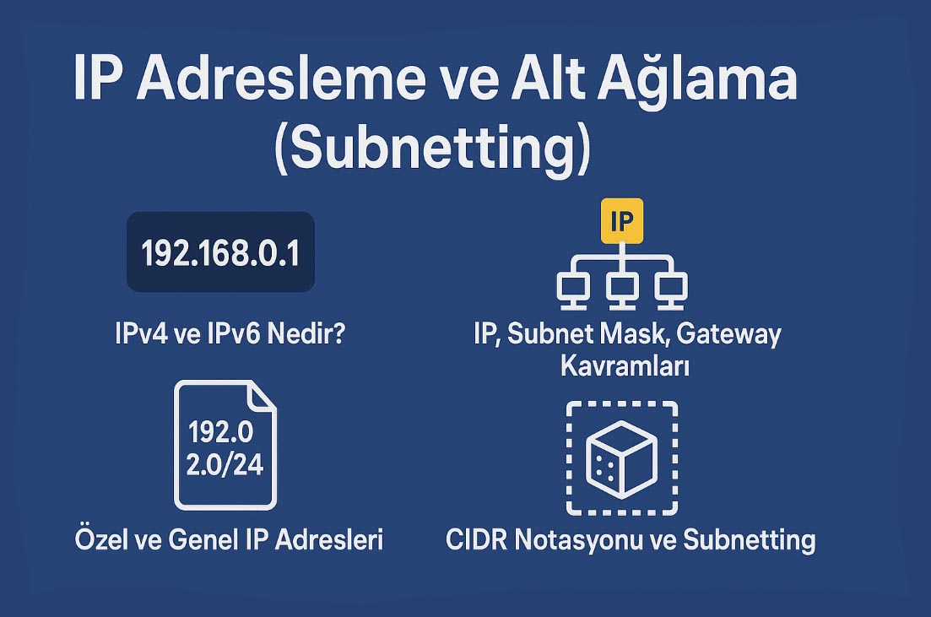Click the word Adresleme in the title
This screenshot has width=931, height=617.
281,79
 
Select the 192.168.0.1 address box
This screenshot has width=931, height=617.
220,252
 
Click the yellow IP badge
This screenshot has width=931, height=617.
622,221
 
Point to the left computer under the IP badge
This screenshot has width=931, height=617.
573,291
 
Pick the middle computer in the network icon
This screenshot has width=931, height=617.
622,291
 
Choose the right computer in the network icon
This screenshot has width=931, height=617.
671,291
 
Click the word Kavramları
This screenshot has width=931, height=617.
625,365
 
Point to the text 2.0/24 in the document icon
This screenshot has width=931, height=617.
225,464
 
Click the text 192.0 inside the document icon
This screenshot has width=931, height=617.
221,431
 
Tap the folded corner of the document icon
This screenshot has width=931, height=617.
263,396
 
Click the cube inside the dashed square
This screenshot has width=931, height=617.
622,459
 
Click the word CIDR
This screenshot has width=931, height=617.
476,540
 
